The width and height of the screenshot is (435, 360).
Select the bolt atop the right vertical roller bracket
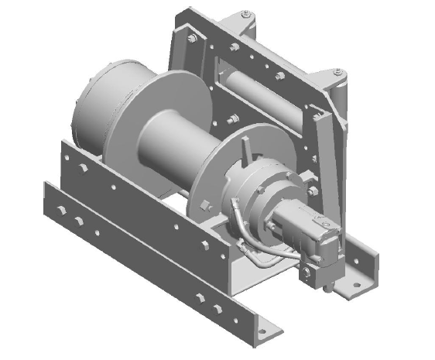[337, 73]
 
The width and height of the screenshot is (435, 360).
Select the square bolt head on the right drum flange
[207, 206]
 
